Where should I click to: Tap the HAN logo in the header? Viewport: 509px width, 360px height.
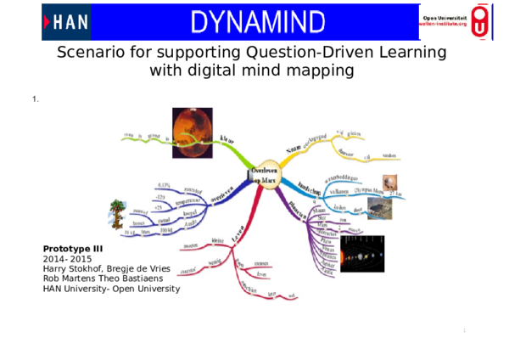tap(65, 22)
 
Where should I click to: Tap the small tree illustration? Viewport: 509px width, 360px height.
tap(116, 215)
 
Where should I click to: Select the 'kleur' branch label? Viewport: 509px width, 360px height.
tap(228, 140)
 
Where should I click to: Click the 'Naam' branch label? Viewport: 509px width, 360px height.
tap(294, 150)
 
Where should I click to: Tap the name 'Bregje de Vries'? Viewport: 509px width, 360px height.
tap(137, 268)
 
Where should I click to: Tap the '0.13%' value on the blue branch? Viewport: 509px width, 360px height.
tap(164, 184)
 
